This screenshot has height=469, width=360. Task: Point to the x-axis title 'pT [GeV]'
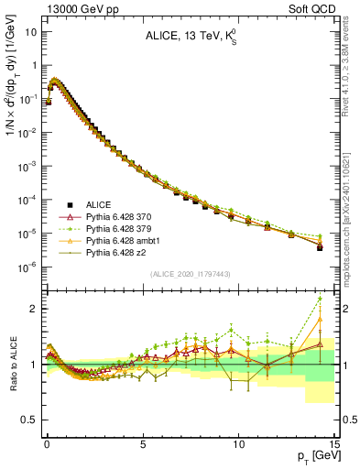pyautogui.click(x=314, y=455)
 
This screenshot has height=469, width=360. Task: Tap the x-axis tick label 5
pyautogui.click(x=143, y=442)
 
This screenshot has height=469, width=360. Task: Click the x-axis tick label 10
pyautogui.click(x=238, y=442)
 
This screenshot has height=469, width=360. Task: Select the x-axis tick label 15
pyautogui.click(x=333, y=442)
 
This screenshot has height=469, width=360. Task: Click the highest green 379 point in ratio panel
pyautogui.click(x=320, y=299)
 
